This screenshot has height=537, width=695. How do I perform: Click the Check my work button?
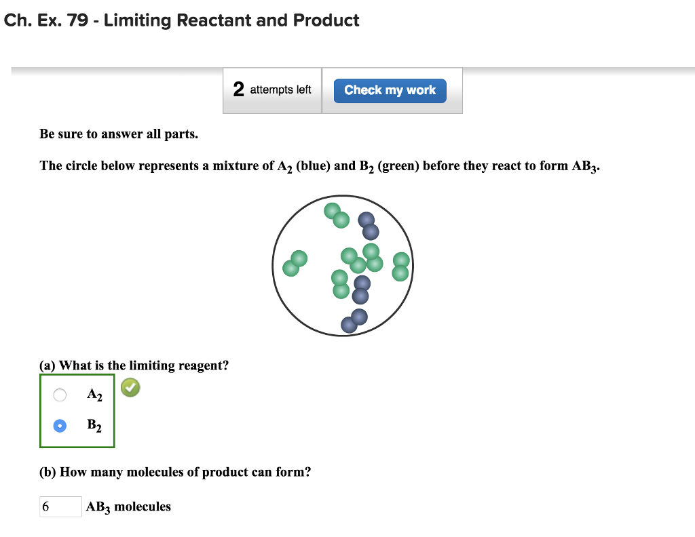(390, 90)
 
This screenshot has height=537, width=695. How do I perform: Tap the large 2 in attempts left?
(238, 89)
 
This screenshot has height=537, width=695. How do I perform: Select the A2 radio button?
(60, 395)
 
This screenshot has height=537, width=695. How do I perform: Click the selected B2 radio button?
(60, 426)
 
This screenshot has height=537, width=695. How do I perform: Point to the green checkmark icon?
(130, 388)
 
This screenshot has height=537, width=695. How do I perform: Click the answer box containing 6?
(60, 506)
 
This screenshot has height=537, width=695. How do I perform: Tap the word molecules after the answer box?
(143, 506)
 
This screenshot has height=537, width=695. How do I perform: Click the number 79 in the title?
(77, 20)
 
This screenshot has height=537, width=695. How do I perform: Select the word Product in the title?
(326, 20)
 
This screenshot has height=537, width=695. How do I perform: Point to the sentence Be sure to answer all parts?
(119, 134)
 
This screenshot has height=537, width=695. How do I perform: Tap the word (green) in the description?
(398, 165)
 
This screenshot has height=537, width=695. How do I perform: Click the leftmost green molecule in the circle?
(295, 264)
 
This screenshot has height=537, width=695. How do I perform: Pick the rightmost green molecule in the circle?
(401, 266)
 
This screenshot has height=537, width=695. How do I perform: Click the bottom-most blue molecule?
(354, 321)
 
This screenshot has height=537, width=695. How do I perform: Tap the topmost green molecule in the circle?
(336, 215)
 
